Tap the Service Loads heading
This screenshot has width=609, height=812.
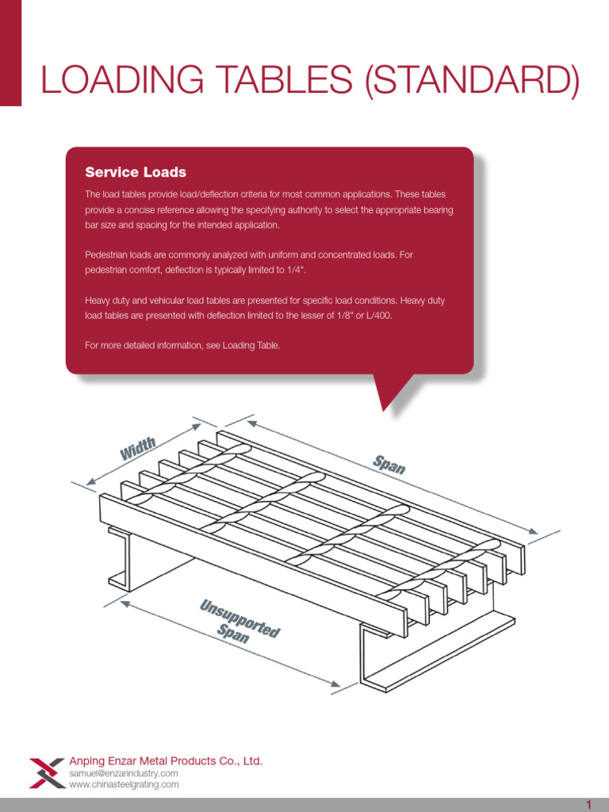pos(136,172)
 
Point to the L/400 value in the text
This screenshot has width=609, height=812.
pos(377,315)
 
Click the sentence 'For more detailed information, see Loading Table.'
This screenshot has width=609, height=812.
pos(182,346)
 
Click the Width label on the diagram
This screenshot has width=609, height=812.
pos(138,449)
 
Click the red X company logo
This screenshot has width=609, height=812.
pos(48,772)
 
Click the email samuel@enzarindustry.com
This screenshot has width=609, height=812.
pos(124,773)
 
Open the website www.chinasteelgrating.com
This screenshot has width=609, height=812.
pos(124,785)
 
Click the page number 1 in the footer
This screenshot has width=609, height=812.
pos(589,805)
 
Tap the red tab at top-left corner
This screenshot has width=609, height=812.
pos(10,52)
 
